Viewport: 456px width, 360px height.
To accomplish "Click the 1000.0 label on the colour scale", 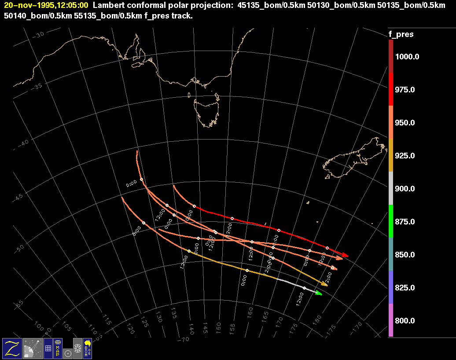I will click(x=407, y=57).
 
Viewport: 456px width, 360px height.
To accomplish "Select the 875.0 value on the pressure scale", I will click(x=405, y=222).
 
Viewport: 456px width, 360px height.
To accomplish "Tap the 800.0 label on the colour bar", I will click(x=405, y=321).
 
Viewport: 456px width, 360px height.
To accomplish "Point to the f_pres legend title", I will click(x=401, y=34).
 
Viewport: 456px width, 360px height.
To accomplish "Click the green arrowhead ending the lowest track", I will click(x=319, y=293).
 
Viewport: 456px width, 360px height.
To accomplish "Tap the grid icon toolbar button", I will click(x=48, y=348).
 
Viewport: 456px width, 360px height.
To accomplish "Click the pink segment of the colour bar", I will click(x=391, y=320).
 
